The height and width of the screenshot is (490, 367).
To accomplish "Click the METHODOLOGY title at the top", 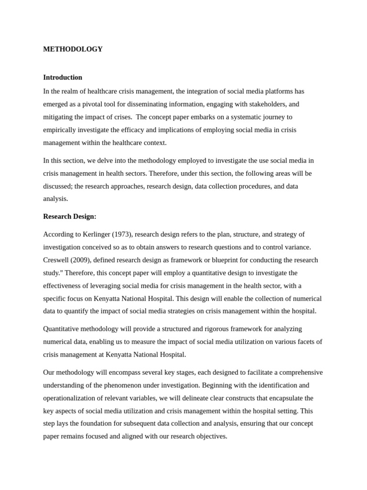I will tap(73, 49).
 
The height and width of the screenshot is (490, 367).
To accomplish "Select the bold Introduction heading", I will tap(63, 78).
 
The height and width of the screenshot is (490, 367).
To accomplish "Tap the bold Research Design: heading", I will tap(70, 217).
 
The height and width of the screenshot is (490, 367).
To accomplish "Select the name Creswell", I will tap(57, 260).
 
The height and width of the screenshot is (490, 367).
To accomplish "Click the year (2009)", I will tap(83, 260).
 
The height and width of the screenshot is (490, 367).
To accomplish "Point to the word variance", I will tap(297, 247).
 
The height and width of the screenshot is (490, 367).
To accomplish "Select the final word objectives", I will tap(209, 436).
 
